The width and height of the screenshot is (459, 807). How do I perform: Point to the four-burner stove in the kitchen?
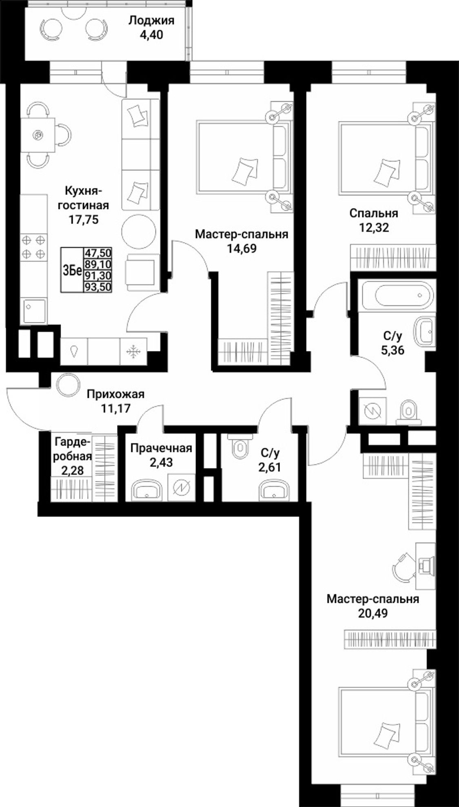(33, 247)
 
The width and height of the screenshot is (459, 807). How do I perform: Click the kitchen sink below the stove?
(33, 311)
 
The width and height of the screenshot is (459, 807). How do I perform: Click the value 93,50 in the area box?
(98, 287)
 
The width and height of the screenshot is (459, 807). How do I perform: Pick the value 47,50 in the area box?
(98, 253)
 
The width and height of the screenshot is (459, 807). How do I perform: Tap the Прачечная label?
(161, 448)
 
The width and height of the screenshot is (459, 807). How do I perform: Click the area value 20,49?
(373, 613)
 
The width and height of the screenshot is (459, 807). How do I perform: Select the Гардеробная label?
(72, 456)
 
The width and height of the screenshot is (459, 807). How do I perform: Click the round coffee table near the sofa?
(139, 231)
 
